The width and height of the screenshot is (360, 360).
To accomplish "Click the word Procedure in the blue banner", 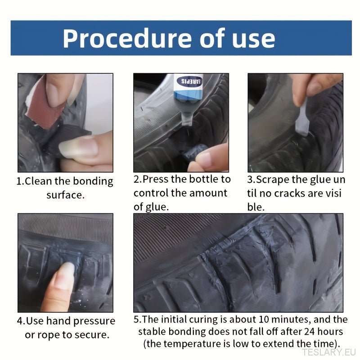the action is (127, 38).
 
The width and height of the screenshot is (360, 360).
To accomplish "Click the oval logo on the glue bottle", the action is (189, 81).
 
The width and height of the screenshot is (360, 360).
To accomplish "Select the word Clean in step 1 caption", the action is (38, 181).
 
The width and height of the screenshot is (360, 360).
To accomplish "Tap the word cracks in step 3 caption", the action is (290, 193).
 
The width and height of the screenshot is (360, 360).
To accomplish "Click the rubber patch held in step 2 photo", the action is (195, 152).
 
